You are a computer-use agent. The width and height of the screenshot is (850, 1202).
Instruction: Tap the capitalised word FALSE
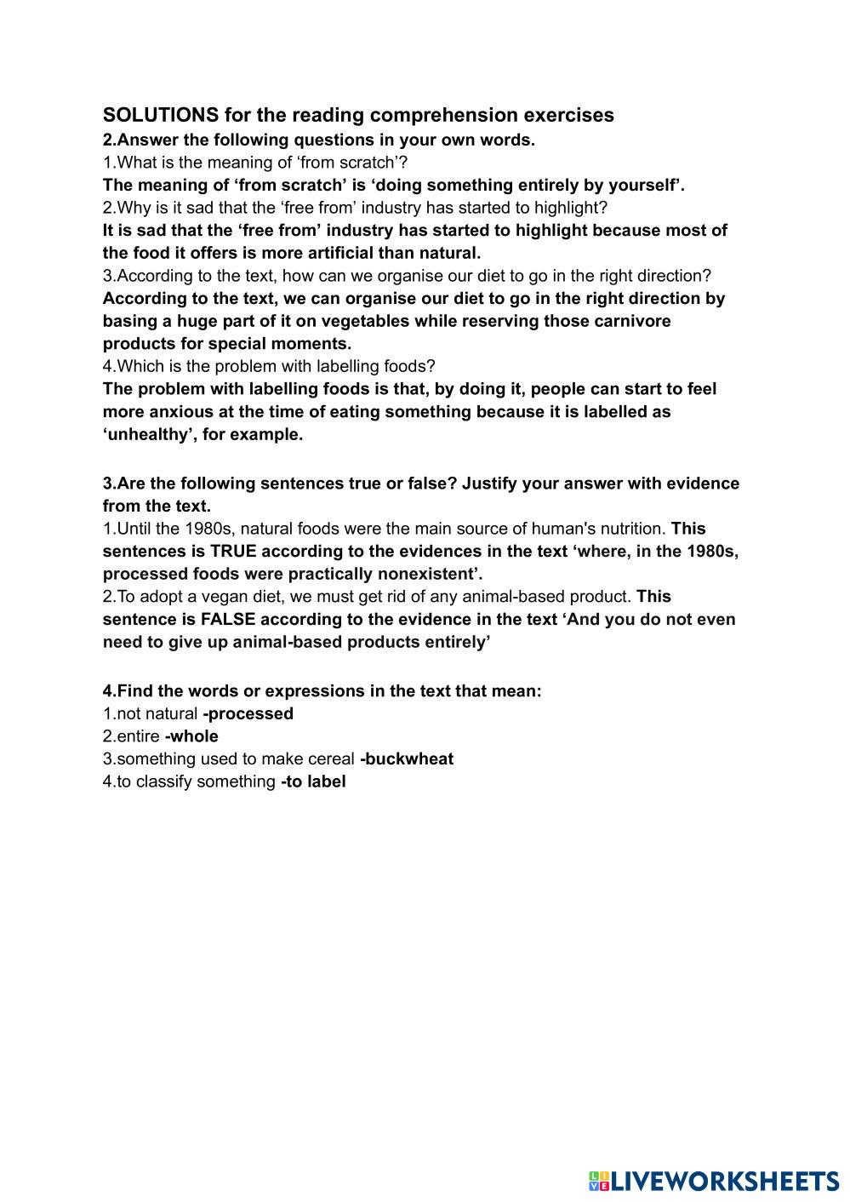tap(228, 619)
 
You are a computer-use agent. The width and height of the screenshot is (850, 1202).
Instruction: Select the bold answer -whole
tap(191, 736)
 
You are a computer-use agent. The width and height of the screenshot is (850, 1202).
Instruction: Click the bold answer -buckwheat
tap(407, 758)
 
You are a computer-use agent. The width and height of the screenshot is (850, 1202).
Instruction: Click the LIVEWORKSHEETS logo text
tap(725, 1181)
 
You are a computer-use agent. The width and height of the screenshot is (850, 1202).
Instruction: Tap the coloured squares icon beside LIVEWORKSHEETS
tap(599, 1181)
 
